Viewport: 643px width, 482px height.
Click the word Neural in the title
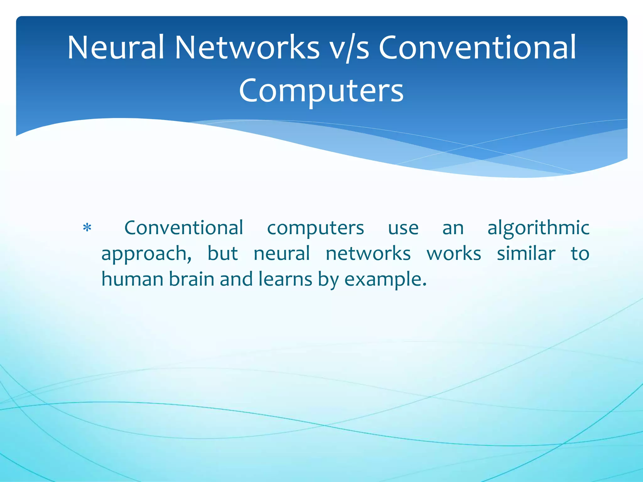(x=116, y=48)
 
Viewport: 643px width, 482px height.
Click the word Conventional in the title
(x=478, y=48)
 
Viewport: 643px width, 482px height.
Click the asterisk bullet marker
(x=87, y=228)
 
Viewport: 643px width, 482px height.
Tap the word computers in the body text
(x=315, y=228)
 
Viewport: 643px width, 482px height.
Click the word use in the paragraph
(x=403, y=228)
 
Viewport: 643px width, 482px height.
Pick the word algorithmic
(x=538, y=228)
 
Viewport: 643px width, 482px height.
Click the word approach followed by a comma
(x=146, y=254)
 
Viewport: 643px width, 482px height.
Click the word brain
(x=192, y=279)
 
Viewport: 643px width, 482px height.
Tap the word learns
(x=285, y=279)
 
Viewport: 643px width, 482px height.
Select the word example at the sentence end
(x=385, y=280)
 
